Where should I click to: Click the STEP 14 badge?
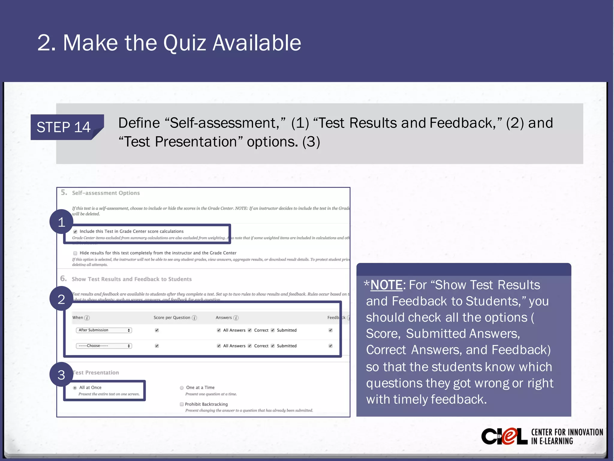[64, 127]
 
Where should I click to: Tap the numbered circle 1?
[61, 222]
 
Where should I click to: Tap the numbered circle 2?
[61, 299]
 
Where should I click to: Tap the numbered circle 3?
[61, 375]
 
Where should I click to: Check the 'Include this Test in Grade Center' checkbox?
[75, 231]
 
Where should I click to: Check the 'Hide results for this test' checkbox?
[75, 253]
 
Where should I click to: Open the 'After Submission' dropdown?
[104, 330]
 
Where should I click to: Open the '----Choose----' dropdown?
[104, 346]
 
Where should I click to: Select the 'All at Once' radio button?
[75, 388]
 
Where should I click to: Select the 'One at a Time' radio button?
[182, 388]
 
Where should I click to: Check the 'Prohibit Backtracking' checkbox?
[182, 404]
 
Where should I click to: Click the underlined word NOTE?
[386, 285]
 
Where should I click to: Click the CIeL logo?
[504, 436]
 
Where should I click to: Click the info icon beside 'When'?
[87, 318]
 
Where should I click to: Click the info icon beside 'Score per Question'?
[194, 318]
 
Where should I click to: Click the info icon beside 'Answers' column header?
[236, 318]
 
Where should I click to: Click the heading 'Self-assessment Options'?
[106, 193]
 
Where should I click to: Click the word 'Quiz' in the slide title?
[184, 43]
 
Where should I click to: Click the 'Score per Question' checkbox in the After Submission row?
[157, 330]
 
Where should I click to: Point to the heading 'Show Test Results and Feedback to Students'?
[132, 279]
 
